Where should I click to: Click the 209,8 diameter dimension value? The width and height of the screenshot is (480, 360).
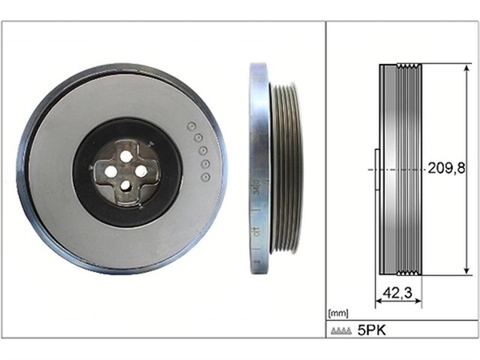(x=446, y=168)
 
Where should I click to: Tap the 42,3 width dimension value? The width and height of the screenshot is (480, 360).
(x=397, y=293)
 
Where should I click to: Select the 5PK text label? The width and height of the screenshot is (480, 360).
(x=372, y=330)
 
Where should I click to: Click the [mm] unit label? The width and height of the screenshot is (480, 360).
(x=338, y=313)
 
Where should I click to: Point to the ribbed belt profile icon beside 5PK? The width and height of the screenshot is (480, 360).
(x=341, y=331)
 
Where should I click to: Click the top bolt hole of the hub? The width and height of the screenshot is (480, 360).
(x=125, y=157)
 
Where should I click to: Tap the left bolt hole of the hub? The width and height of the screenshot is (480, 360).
(x=111, y=172)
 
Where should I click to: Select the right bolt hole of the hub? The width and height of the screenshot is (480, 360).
(x=140, y=172)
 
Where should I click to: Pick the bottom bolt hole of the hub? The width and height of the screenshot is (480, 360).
(x=125, y=185)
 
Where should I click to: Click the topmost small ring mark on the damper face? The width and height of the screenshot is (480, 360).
(x=192, y=126)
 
